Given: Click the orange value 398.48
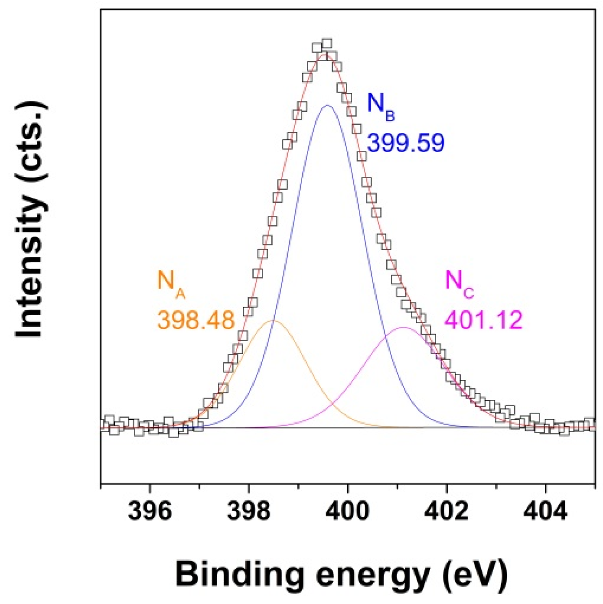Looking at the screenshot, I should pyautogui.click(x=196, y=320).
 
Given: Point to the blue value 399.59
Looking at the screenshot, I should pyautogui.click(x=406, y=143).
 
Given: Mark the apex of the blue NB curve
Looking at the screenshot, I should pyautogui.click(x=327, y=105).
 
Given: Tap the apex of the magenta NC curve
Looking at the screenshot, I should pyautogui.click(x=403, y=328).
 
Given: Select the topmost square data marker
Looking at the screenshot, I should pyautogui.click(x=327, y=43).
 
